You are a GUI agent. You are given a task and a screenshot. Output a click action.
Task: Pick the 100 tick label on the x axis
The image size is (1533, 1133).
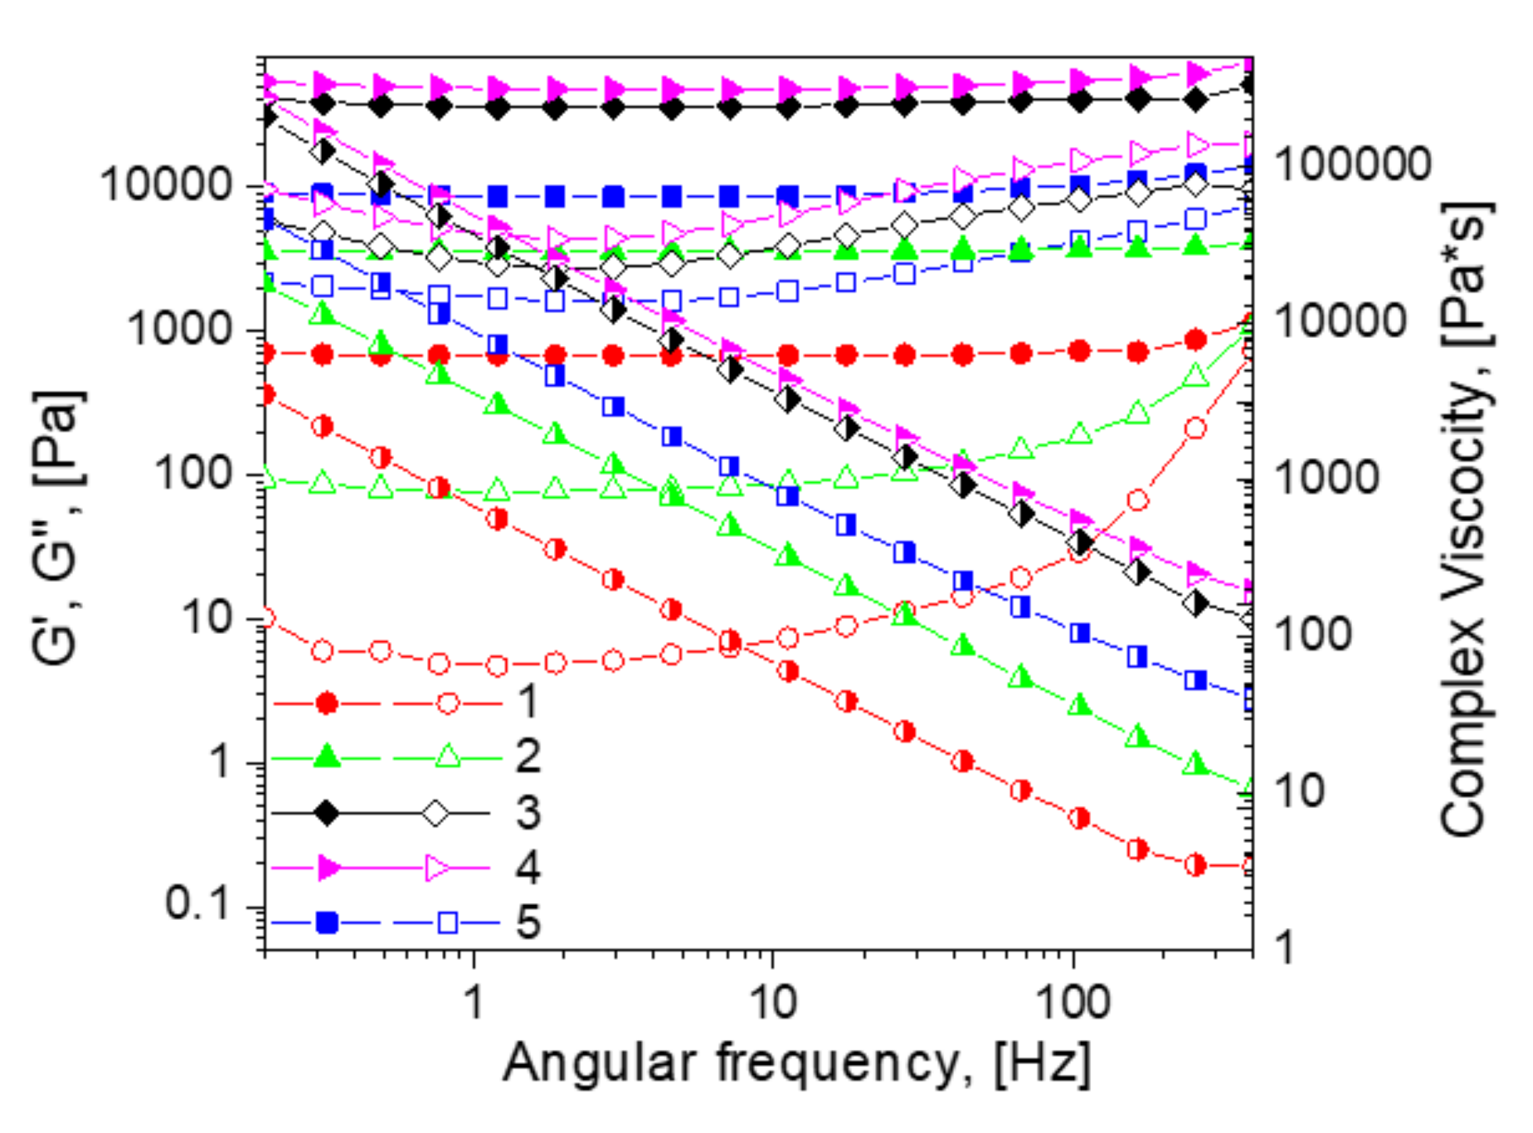pos(1072,1002)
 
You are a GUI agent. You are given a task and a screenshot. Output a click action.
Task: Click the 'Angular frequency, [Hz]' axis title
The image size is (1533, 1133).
pos(796,1064)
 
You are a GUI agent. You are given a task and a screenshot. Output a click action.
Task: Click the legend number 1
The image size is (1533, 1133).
pos(527,701)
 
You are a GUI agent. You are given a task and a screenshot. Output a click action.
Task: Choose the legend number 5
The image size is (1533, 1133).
pos(528,922)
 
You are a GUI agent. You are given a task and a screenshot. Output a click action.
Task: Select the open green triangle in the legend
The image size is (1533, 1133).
pos(447,757)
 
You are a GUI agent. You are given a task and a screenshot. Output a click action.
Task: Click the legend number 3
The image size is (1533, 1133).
pos(528,813)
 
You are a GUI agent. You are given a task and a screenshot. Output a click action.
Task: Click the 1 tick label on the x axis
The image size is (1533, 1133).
pos(474,1002)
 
